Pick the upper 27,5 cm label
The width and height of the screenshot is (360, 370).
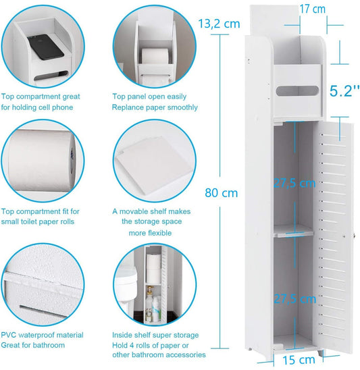(x=294, y=184)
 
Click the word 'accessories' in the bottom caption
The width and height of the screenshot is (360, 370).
(x=185, y=354)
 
